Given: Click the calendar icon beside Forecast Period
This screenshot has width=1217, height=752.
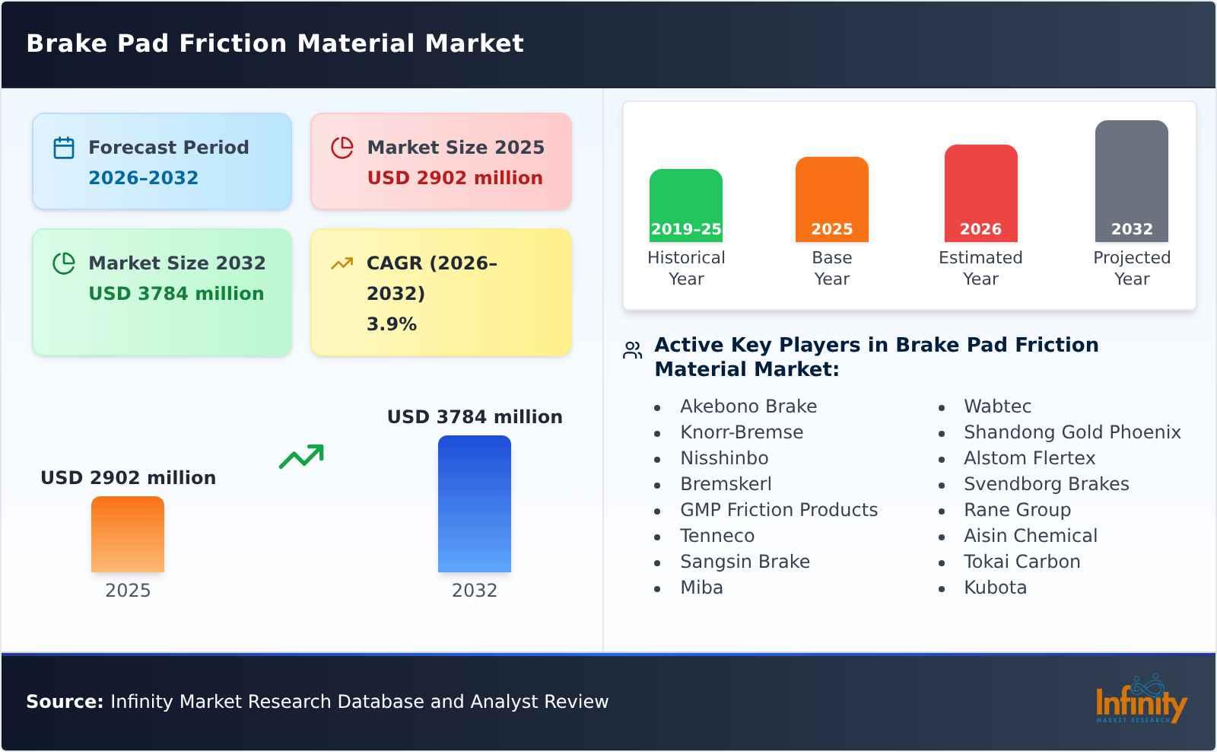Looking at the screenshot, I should pos(64,148).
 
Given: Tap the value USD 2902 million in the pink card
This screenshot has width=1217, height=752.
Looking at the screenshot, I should pos(455,178).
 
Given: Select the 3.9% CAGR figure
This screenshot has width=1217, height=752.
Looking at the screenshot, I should pos(391,324).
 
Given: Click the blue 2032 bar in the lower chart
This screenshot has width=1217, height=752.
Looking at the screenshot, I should pos(474,504).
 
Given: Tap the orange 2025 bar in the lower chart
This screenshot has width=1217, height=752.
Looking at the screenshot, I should pos(128,534).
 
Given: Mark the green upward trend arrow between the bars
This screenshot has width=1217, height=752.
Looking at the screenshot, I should pos(301,457).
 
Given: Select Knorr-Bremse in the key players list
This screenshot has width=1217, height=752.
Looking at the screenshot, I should pos(741,432).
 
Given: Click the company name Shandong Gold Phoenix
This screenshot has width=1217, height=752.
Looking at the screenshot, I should pos(1072,432).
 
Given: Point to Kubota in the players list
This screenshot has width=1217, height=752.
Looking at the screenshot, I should pos(995,588).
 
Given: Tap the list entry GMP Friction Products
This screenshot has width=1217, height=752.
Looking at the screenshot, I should pos(778,510).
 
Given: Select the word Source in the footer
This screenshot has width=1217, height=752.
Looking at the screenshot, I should pos(64,702).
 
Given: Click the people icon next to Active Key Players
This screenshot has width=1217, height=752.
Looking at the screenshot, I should pos(632,350).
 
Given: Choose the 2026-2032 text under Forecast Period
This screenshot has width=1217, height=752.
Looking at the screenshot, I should pos(143,178).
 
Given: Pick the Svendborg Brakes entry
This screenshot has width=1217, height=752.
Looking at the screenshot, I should pos(1046,484).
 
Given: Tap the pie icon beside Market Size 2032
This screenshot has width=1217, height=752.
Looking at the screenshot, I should pos(64,263).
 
